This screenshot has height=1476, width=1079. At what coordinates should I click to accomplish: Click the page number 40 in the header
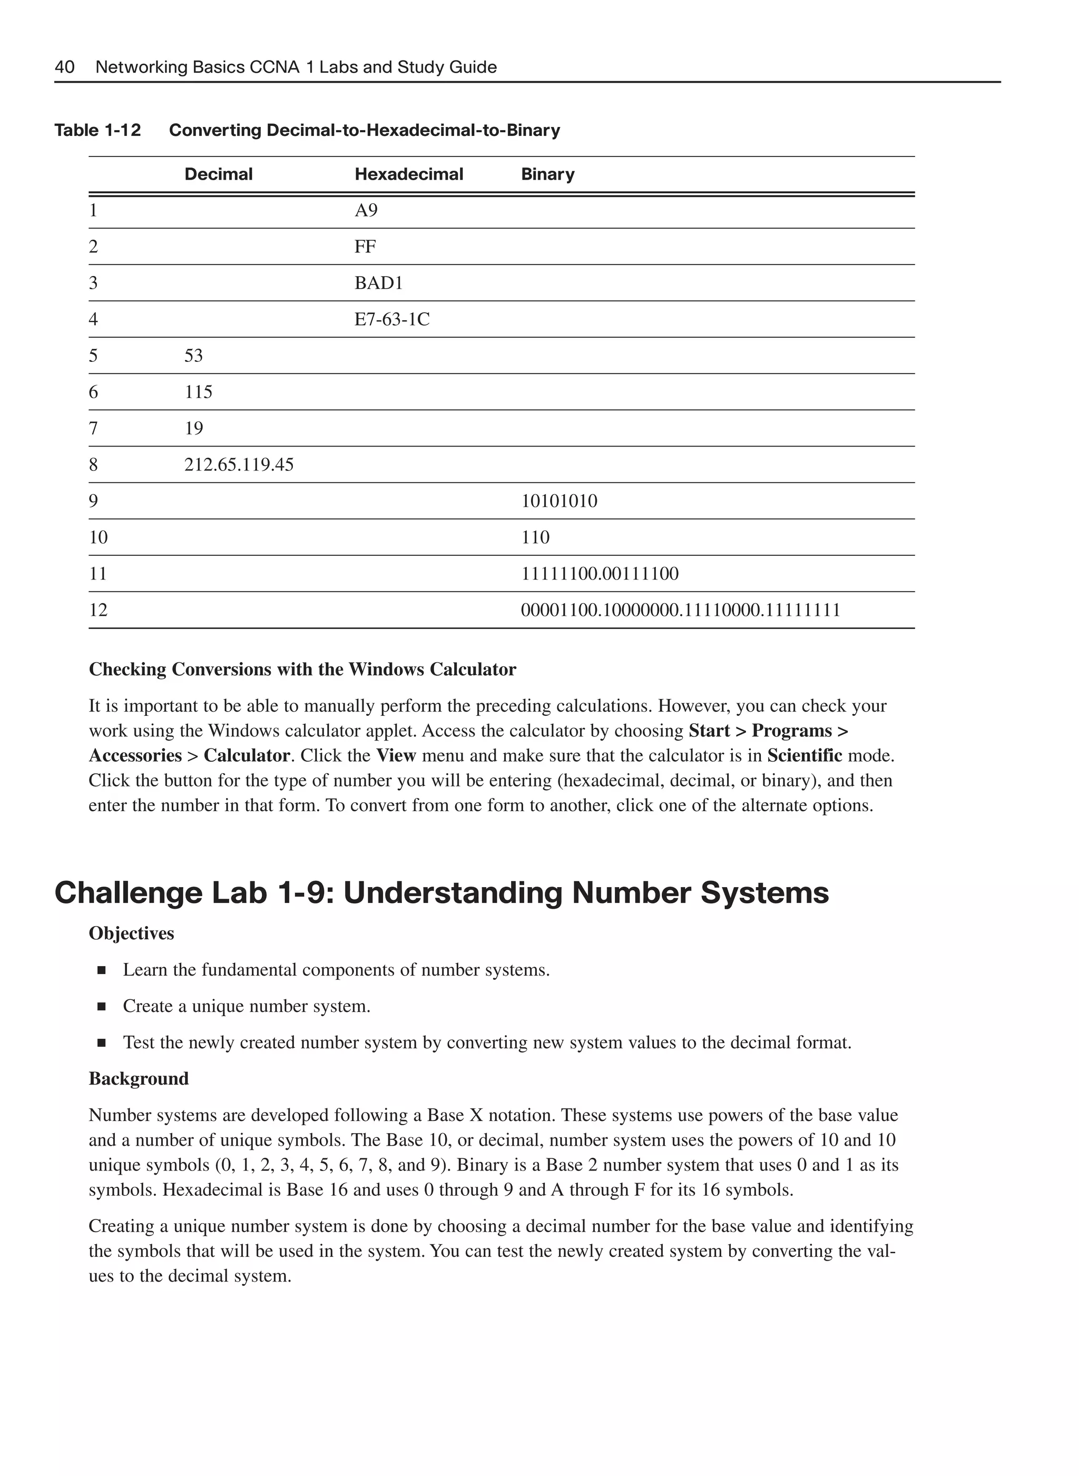pos(65,67)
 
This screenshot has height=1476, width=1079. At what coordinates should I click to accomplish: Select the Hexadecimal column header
pos(408,174)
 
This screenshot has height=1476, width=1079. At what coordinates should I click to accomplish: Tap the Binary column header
pos(547,174)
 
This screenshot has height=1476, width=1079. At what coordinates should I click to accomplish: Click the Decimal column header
pos(218,174)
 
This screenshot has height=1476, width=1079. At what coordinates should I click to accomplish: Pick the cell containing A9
pos(366,210)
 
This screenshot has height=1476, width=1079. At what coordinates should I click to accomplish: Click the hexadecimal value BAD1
pos(378,283)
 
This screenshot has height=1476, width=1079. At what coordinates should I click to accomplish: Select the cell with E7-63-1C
pos(391,319)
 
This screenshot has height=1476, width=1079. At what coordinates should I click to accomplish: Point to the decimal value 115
pos(198,392)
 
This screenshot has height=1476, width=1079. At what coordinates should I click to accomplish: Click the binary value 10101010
pos(558,501)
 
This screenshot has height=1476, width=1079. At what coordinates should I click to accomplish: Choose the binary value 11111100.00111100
pos(599,574)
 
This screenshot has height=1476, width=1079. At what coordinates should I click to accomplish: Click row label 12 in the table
pos(98,610)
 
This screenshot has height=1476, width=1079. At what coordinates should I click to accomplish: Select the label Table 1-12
pos(97,131)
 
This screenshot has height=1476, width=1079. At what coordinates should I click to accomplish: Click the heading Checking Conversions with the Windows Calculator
pos(302,670)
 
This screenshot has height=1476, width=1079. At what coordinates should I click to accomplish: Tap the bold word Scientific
pos(804,755)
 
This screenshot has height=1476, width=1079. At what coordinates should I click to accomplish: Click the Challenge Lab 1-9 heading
pos(441,893)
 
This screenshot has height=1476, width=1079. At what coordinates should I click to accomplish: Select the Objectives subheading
pos(131,933)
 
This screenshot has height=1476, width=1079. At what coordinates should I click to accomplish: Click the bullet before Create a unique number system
pos(101,1007)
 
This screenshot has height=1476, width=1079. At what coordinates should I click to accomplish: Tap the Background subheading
pos(139,1078)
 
